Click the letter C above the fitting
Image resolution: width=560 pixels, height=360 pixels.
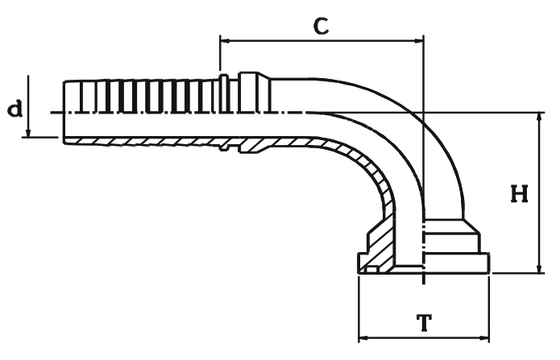coord(321,25)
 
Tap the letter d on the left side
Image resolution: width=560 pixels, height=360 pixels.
coord(15,108)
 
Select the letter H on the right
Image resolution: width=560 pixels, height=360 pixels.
coord(520,194)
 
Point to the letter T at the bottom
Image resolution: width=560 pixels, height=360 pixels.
coord(423,324)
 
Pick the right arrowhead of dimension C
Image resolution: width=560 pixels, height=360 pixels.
coord(417,39)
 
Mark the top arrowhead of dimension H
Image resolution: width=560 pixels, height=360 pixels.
coord(539,118)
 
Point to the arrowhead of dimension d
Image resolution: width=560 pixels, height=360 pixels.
coord(28,131)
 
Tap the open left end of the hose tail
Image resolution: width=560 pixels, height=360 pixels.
coord(64,111)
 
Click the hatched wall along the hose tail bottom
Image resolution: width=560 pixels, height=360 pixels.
coord(145,141)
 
